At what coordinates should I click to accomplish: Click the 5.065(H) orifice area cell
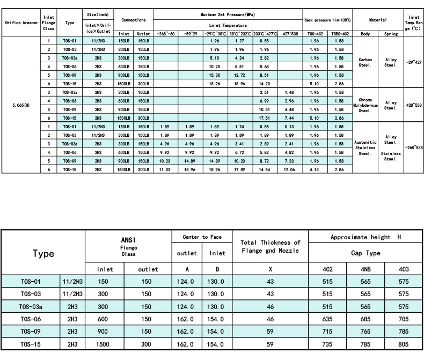[20, 105]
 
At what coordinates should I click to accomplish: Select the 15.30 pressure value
[215, 75]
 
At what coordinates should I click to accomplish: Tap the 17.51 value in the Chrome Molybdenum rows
[264, 117]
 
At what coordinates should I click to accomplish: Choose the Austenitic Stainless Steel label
[365, 147]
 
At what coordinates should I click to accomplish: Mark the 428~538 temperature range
[414, 105]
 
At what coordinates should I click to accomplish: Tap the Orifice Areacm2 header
[20, 23]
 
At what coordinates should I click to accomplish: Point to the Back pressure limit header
[327, 20]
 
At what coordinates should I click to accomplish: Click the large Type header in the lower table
[43, 253]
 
